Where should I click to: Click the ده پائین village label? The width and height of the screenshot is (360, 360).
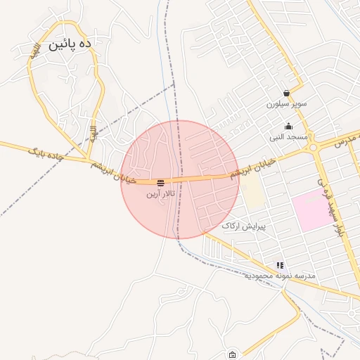(x=70, y=44)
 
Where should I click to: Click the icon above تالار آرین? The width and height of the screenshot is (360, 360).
(x=161, y=182)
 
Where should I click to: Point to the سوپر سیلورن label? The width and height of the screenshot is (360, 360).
(x=286, y=104)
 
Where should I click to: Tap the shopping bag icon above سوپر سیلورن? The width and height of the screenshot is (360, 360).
(x=286, y=93)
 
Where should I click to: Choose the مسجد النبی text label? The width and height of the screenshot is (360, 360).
(x=289, y=137)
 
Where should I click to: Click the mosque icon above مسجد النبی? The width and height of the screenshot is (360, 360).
(x=289, y=127)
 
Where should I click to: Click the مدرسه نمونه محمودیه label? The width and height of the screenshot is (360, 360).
(x=279, y=276)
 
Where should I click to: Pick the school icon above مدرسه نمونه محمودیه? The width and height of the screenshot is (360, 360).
(x=280, y=265)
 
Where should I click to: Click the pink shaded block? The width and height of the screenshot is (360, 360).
(x=311, y=210)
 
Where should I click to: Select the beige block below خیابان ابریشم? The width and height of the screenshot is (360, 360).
(x=255, y=193)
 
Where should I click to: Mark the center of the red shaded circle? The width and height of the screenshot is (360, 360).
(x=180, y=179)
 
